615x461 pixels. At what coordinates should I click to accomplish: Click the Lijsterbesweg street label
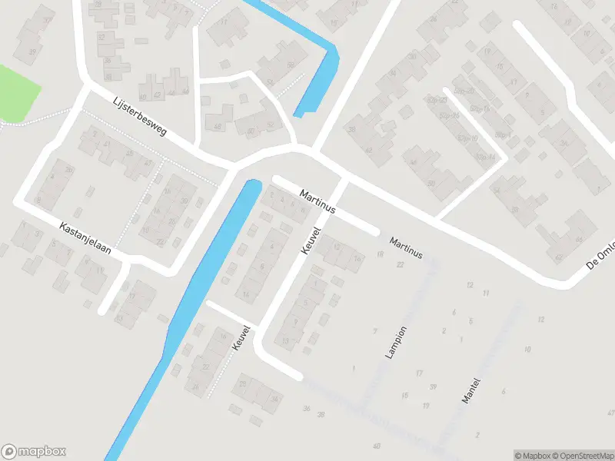click(139, 121)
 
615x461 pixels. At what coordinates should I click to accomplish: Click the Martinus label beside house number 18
click(406, 247)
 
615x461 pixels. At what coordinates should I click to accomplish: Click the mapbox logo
click(34, 452)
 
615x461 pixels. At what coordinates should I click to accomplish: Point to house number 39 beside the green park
click(32, 52)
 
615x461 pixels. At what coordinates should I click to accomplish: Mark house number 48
click(218, 128)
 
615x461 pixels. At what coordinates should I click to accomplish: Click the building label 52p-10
click(464, 138)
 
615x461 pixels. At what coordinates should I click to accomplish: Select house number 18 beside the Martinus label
click(380, 254)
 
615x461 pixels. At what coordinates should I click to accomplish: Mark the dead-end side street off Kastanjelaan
click(113, 290)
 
